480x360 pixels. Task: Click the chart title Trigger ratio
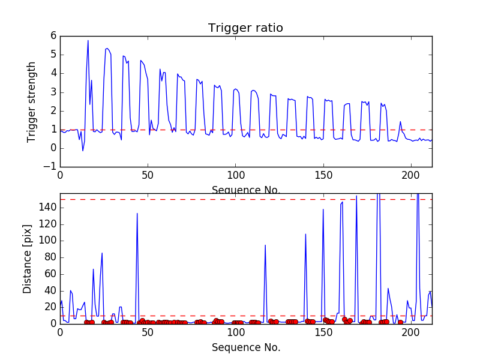pyautogui.click(x=245, y=28)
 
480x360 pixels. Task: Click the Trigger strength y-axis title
pyautogui.click(x=32, y=102)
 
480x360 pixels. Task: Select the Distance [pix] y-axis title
pyautogui.click(x=28, y=259)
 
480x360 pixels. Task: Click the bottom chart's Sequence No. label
pyautogui.click(x=245, y=347)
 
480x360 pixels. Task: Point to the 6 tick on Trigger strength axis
pyautogui.click(x=52, y=36)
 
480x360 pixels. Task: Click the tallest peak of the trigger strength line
pyautogui.click(x=88, y=40)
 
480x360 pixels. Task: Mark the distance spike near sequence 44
pyautogui.click(x=137, y=214)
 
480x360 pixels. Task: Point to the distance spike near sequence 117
pyautogui.click(x=265, y=245)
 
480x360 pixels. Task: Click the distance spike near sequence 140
pyautogui.click(x=305, y=234)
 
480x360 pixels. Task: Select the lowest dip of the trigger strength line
pyautogui.click(x=83, y=150)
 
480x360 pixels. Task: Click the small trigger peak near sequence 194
pyautogui.click(x=400, y=122)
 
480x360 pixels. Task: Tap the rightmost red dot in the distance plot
pyautogui.click(x=400, y=322)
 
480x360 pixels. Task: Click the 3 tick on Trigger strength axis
pyautogui.click(x=52, y=92)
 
